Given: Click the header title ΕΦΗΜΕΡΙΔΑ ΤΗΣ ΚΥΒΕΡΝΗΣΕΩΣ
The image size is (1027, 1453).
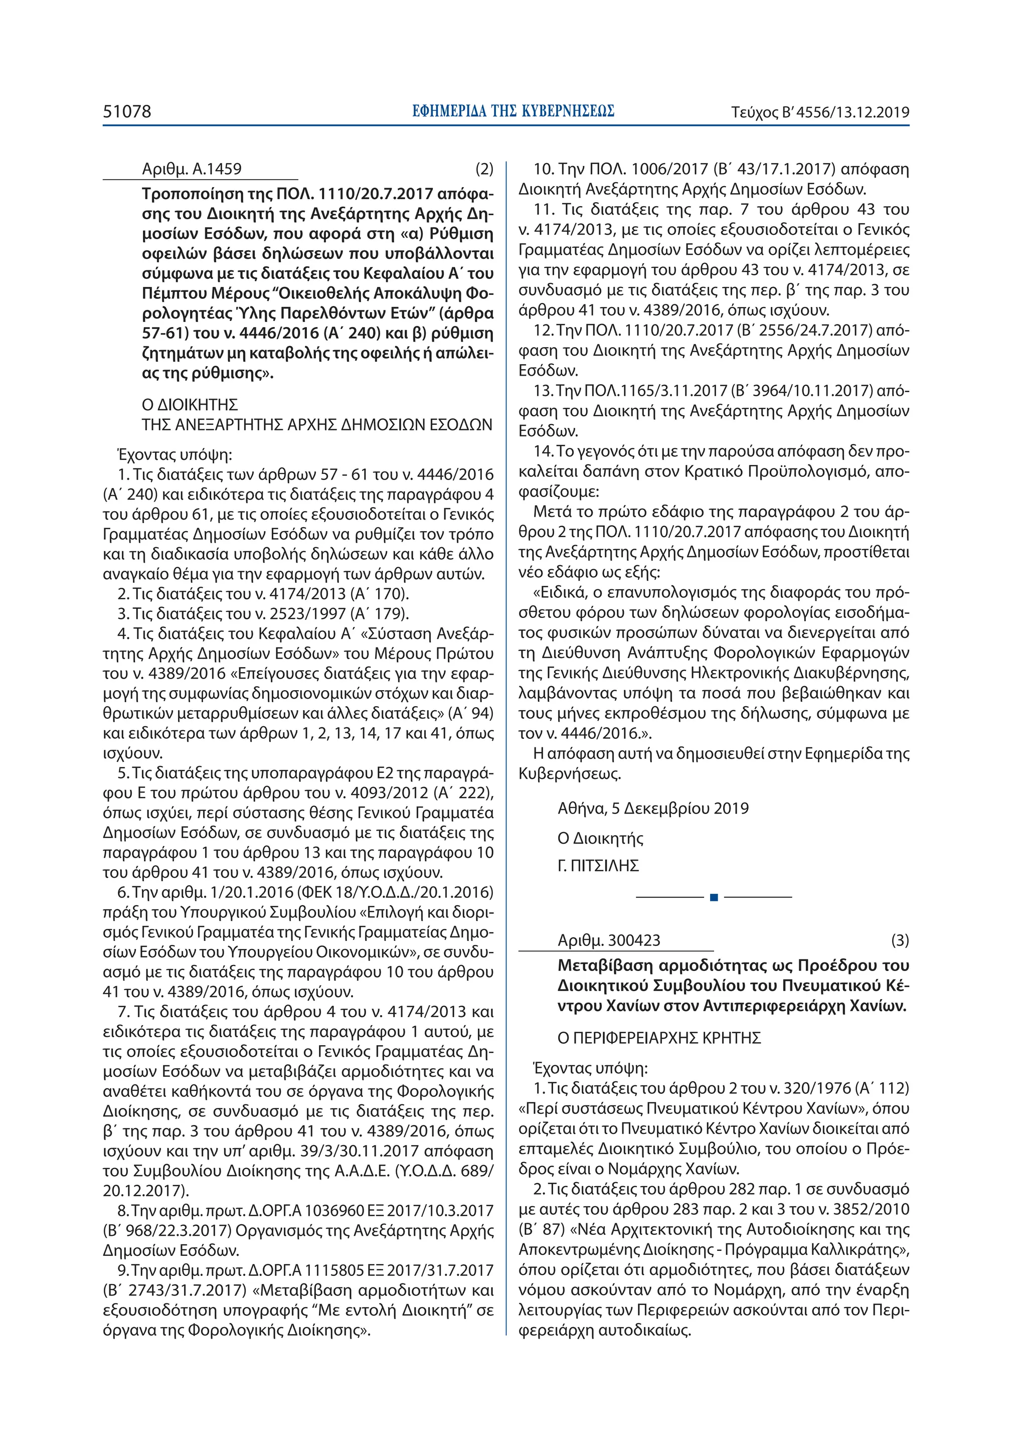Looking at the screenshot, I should click(x=512, y=112).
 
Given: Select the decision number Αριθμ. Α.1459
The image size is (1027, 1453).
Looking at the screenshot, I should click(x=191, y=169).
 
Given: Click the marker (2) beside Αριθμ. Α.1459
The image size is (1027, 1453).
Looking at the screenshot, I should click(x=484, y=169).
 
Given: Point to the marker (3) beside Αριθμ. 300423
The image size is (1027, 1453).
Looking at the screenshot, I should click(x=900, y=940).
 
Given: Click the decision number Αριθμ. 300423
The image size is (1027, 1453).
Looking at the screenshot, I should click(x=608, y=940).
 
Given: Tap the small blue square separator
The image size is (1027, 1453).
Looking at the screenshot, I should click(x=714, y=897).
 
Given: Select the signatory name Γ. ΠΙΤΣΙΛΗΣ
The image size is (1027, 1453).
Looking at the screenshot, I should click(x=598, y=866).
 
